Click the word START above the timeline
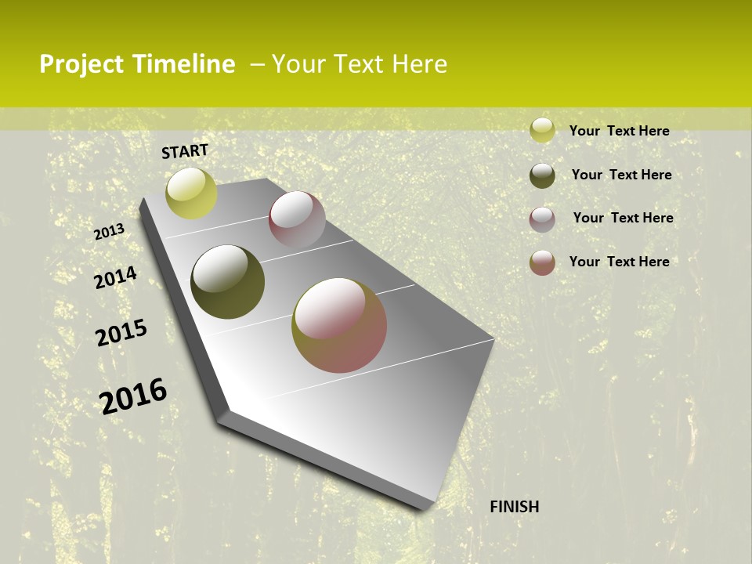click(185, 151)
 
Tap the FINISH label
click(515, 507)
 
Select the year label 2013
click(110, 232)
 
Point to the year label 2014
click(115, 278)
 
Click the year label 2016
click(133, 396)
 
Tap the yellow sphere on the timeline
click(191, 193)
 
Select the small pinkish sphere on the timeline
click(297, 219)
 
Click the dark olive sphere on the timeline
click(227, 282)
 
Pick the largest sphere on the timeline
click(339, 325)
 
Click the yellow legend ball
click(542, 131)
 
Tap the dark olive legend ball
click(542, 175)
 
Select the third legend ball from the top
click(542, 219)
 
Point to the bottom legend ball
click(542, 262)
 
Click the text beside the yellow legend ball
click(619, 131)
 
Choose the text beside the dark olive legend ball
click(621, 175)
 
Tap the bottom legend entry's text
click(619, 262)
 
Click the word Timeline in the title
click(184, 64)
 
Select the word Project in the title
click(81, 64)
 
